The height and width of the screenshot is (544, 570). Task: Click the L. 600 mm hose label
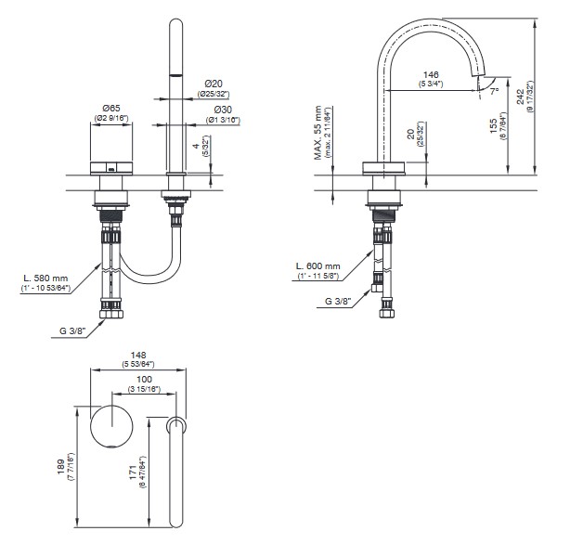319,266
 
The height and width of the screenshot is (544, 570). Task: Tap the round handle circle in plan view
112,427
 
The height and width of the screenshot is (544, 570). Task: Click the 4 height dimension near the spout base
193,147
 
